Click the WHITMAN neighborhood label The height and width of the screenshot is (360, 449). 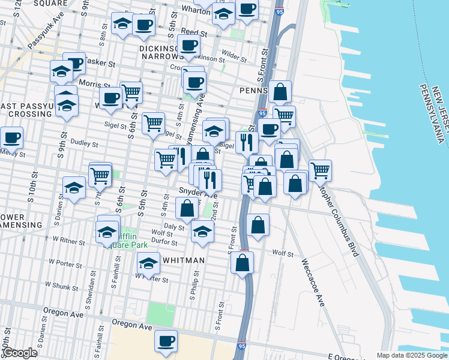coord(182,260)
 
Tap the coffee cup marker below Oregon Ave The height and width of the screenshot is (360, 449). coord(166,341)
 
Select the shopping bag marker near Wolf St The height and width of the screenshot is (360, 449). coord(242,263)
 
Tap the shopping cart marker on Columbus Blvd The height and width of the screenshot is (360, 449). coord(320,170)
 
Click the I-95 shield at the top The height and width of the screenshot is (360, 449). coord(279,11)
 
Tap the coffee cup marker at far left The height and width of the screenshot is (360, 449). coord(11,137)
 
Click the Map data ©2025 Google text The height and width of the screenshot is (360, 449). coord(412,355)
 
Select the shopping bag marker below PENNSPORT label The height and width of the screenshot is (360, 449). coord(280,92)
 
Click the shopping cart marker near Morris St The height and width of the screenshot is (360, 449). coord(130,92)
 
